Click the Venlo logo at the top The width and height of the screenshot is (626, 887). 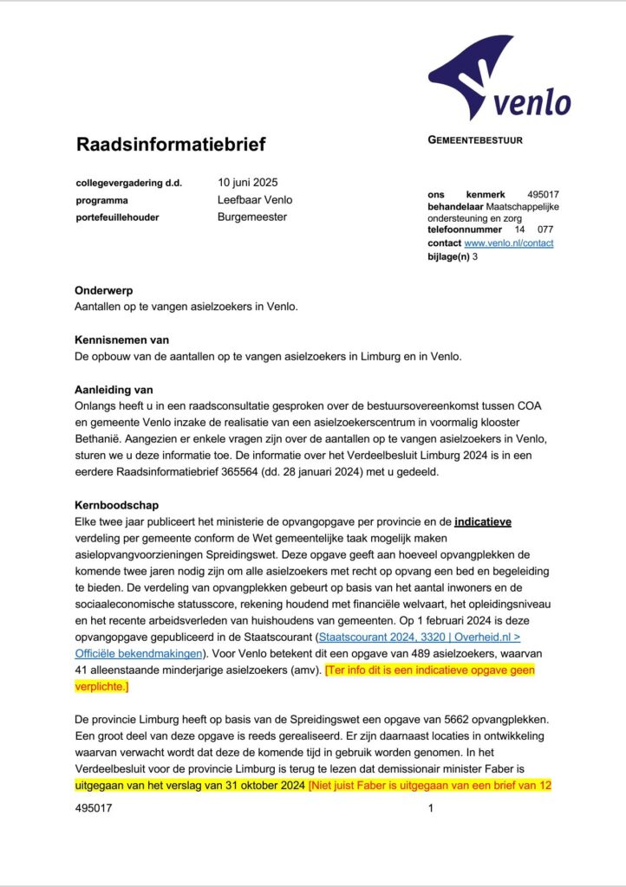499,80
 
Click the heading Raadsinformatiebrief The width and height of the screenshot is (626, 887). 171,144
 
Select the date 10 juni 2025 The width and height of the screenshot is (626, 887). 248,183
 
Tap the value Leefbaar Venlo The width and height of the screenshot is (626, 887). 255,200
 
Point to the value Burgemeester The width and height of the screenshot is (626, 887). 252,217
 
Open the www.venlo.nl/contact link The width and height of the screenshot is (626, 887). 509,243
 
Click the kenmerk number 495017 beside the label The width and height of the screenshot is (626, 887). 543,195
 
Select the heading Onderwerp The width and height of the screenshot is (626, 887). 105,290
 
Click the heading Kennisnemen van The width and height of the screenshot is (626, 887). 123,340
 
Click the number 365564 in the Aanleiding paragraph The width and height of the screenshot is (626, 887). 340,472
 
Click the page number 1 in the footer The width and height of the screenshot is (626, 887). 431,807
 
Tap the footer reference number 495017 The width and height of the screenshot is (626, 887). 95,807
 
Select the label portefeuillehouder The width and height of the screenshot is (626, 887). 117,217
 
